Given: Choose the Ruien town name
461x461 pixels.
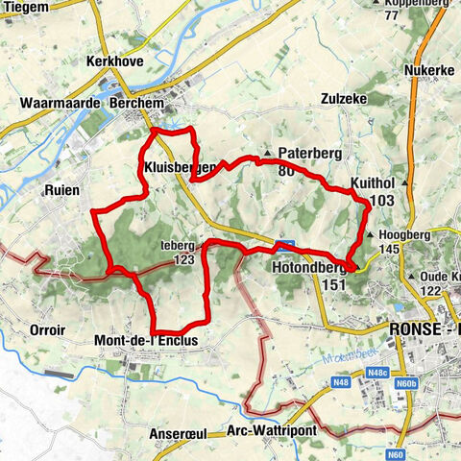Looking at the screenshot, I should (61, 190).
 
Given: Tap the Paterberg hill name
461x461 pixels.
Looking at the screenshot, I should (304, 153).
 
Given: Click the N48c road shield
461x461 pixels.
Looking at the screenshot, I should (376, 372).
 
